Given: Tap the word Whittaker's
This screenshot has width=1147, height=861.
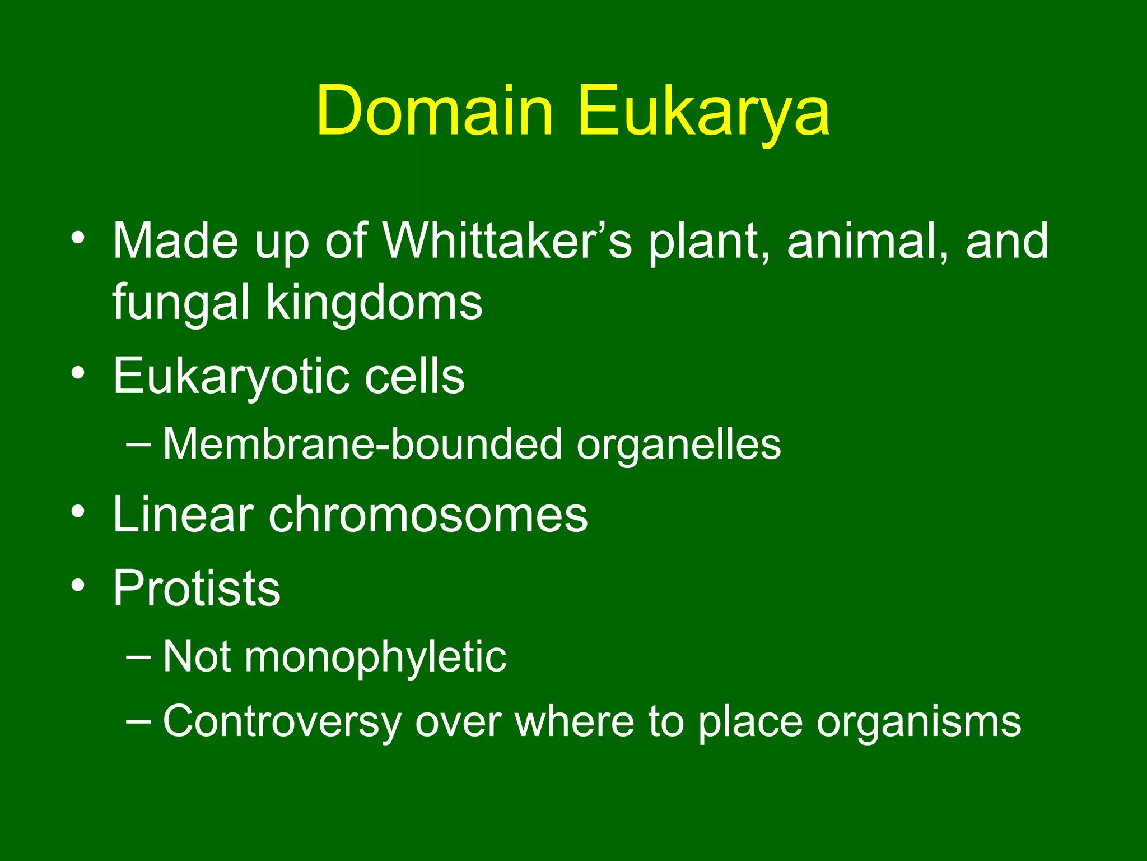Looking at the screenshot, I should coord(507,241).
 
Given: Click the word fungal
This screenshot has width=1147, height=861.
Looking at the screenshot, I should coord(180,303).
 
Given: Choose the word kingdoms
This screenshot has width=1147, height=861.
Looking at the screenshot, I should coord(374,303).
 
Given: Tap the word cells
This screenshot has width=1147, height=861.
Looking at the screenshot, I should coord(414,377).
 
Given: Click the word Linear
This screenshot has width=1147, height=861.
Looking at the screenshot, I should coord(183,515).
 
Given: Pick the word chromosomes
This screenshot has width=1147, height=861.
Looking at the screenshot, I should coord(428,515).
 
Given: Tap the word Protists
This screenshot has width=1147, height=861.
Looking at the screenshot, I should coord(197,588).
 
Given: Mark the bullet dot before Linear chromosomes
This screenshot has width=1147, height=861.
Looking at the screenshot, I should coord(78,511).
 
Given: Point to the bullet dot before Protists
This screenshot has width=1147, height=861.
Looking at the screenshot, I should coord(78,585).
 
